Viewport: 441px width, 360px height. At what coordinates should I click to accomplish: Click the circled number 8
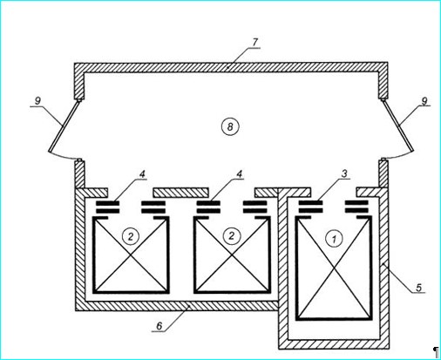coord(230,127)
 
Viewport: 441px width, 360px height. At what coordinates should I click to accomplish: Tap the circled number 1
coord(334,240)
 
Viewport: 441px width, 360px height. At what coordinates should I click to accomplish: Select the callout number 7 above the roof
coord(254,42)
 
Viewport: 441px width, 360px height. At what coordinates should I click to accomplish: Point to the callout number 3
coord(344,173)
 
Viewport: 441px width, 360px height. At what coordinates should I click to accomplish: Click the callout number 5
coord(418,288)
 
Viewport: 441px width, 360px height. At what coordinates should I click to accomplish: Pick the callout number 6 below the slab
coord(159,326)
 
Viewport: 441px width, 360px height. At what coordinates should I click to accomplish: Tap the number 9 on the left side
coord(37,101)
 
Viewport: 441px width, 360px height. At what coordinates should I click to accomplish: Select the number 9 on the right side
coord(424,101)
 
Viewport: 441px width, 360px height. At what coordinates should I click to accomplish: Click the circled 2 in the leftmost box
coord(131,236)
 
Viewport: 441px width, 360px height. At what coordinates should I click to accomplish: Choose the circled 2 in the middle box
coord(232,235)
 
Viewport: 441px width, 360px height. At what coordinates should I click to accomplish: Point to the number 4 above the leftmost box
coord(142,174)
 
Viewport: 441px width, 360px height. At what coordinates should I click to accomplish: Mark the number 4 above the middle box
coord(240,174)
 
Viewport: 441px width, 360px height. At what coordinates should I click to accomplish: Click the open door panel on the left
coord(64,126)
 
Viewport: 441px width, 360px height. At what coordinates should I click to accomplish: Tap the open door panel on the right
coord(397,126)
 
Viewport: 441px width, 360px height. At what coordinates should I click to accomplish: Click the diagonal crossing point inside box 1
coord(334,269)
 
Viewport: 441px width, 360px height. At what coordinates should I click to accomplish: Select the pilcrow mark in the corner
coord(436,352)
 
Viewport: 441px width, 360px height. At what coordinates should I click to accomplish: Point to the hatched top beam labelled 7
coord(231,67)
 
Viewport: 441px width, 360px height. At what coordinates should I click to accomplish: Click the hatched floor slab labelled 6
coord(181,306)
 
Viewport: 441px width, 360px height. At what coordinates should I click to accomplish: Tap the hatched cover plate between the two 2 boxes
coord(181,193)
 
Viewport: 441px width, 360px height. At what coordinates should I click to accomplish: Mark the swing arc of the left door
coord(64,156)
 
